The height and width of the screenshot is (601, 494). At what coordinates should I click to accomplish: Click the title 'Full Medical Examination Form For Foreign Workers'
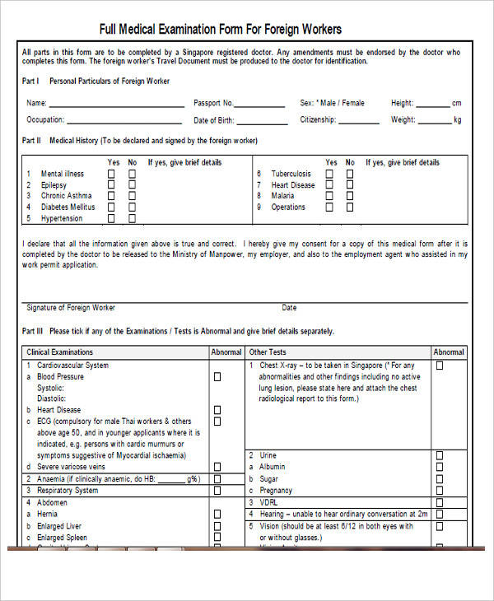221,30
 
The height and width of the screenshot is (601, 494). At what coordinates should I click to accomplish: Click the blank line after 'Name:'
116,105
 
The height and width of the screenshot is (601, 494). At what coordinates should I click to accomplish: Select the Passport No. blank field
263,105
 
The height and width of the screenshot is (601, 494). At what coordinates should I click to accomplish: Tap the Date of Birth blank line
263,122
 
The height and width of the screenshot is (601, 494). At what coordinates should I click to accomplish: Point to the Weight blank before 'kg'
435,122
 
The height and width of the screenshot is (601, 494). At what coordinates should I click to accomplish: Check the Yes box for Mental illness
112,174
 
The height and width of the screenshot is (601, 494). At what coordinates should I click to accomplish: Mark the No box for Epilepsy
132,185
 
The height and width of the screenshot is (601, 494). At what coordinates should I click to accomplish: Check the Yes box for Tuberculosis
330,174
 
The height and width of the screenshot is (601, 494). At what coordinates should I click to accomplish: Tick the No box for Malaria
350,196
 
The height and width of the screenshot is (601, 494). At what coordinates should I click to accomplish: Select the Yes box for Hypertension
112,218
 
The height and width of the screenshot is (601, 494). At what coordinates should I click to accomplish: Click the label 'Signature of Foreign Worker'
71,308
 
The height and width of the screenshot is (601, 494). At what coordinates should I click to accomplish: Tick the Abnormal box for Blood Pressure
217,376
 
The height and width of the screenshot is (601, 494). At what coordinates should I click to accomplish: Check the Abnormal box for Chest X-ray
439,366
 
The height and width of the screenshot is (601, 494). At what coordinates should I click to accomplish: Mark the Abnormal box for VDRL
439,501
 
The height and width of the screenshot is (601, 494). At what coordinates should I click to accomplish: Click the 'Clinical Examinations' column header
60,352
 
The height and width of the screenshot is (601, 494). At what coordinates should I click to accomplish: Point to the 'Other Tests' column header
267,352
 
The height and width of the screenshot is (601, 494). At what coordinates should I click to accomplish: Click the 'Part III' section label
31,332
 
